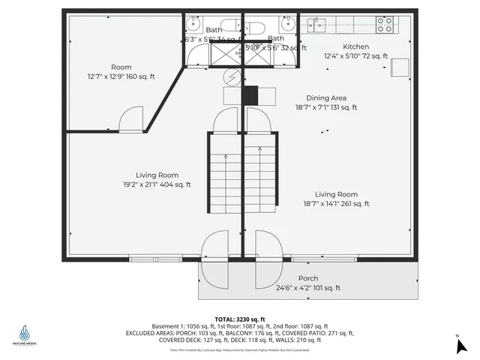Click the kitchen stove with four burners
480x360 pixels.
pos(385,24)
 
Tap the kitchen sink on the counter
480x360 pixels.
pos(318,24)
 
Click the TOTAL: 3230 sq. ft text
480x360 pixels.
pos(240,319)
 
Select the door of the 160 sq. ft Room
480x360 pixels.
pos(130,118)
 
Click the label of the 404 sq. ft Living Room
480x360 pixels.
pos(157,179)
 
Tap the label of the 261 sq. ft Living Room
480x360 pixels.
pos(336,199)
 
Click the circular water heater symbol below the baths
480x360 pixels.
pos(232,76)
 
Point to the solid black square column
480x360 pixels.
pos(250,95)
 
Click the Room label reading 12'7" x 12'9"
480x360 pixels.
pos(121,71)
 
